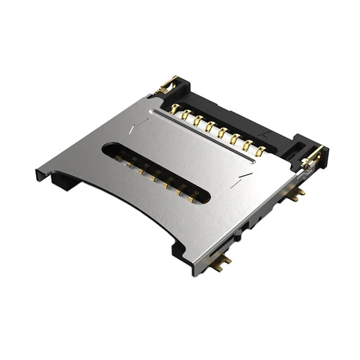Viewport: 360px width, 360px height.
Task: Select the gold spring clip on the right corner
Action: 313,156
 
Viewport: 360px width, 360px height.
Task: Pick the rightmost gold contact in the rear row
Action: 259,151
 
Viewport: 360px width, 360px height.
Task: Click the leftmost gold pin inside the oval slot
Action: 119,160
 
